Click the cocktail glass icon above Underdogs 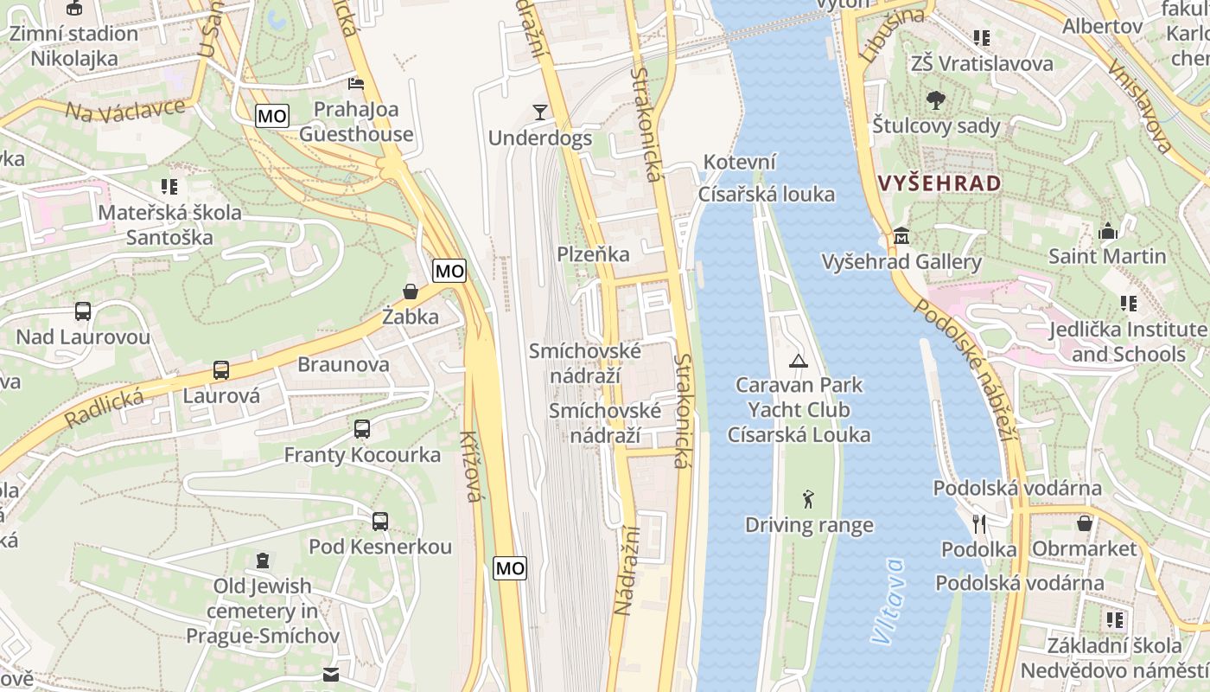[540, 112]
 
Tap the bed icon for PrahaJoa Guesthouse [355, 83]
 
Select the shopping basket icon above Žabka [411, 292]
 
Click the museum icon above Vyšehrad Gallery [901, 235]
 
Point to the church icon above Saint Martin [1107, 231]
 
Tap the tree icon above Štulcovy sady [935, 100]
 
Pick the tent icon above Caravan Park [798, 360]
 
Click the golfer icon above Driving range [808, 499]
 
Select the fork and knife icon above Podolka [978, 523]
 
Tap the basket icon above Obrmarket [1084, 523]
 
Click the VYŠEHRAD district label [939, 183]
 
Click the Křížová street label [472, 466]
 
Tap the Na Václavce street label [125, 111]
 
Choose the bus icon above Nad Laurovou [83, 311]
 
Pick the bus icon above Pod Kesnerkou [379, 521]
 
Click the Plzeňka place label [593, 254]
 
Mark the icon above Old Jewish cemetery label [262, 561]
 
